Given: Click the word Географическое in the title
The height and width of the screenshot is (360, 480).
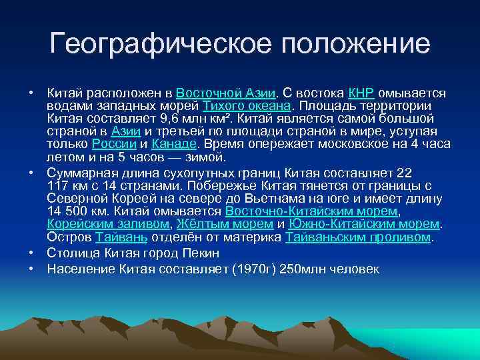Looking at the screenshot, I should point(159,45).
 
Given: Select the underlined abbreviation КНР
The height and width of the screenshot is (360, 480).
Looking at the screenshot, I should point(361,93).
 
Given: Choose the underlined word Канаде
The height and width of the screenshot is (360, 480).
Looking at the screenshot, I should point(174,144).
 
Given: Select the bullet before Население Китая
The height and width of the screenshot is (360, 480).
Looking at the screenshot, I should point(31,269).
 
